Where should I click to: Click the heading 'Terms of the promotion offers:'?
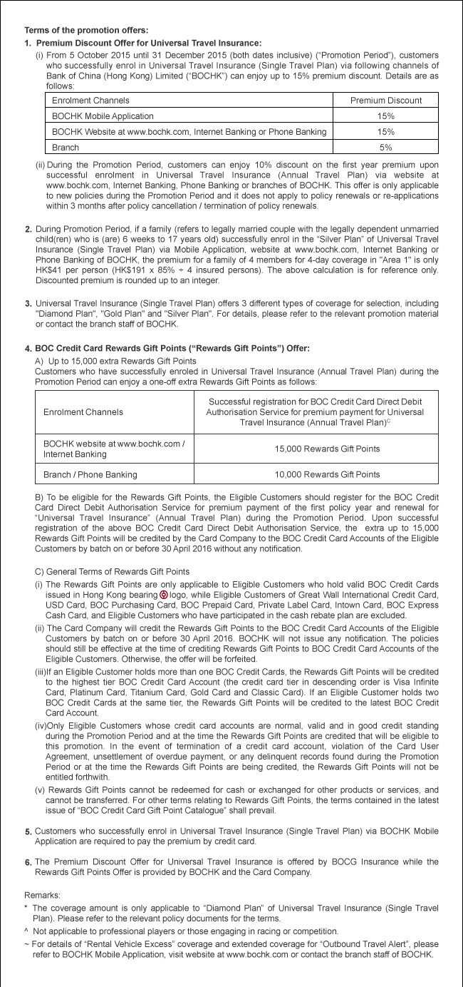tap(87, 30)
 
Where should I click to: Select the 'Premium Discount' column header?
tap(386, 101)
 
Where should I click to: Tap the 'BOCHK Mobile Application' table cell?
tap(103, 116)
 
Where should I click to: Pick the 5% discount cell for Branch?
tap(386, 148)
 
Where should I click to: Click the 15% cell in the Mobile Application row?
tap(386, 116)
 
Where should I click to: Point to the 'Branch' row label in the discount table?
tap(65, 148)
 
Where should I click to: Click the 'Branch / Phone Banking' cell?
tap(90, 474)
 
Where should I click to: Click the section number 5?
tap(28, 832)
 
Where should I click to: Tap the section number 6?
tap(28, 862)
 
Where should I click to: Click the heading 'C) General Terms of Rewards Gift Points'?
tap(112, 572)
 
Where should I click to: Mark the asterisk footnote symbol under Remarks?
tap(26, 908)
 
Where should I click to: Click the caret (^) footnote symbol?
tap(26, 931)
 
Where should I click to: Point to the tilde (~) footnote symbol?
tap(26, 945)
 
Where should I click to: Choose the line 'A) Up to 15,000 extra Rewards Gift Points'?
tap(115, 360)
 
